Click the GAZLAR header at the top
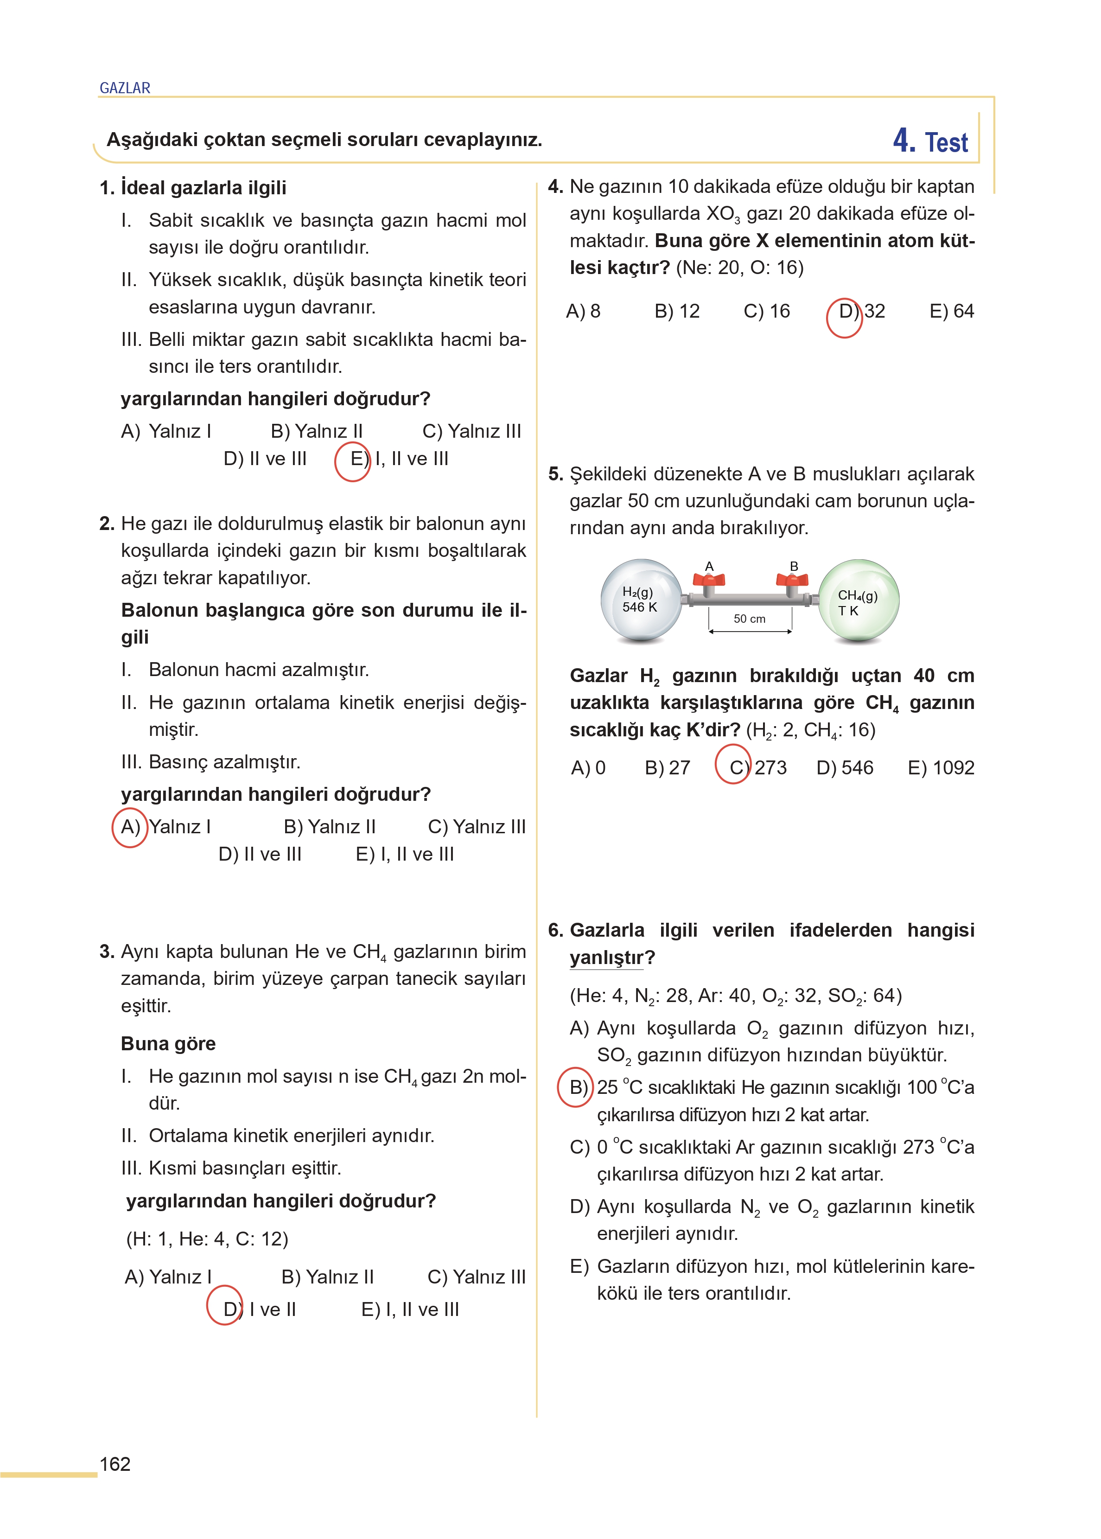[x=125, y=88]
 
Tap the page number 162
[x=115, y=1464]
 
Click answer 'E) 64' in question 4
[x=951, y=311]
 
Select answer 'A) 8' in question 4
[x=583, y=311]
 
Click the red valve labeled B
[x=792, y=581]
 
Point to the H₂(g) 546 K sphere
[x=641, y=600]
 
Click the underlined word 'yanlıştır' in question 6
[x=606, y=958]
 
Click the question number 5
[x=555, y=474]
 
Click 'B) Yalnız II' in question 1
[x=317, y=431]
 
